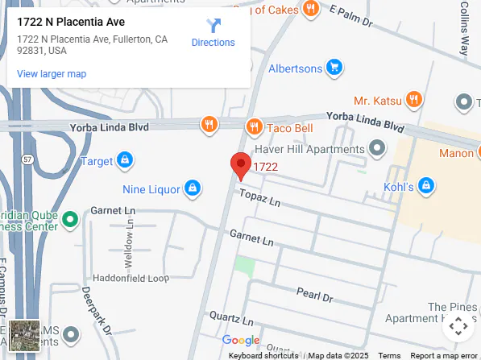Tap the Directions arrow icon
tap(213, 26)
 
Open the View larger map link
tap(52, 74)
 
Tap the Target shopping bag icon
tap(125, 160)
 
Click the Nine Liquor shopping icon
tap(192, 189)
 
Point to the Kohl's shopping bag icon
tap(427, 188)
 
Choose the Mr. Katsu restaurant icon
tap(414, 100)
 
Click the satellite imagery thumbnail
tap(24, 335)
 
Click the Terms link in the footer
tap(389, 355)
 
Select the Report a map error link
tap(443, 355)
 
